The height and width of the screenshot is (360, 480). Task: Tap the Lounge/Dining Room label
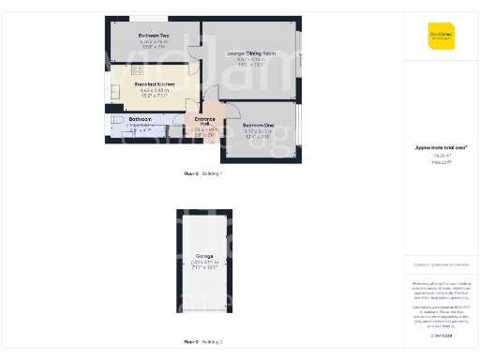(251, 53)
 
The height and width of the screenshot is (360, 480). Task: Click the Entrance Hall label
(204, 121)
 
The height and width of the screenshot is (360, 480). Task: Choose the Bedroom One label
(258, 125)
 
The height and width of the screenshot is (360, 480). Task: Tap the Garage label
(203, 255)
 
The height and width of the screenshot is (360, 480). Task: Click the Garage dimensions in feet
(203, 269)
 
